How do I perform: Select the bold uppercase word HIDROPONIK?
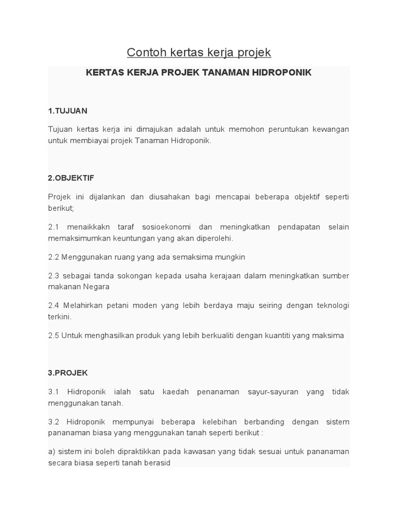[281, 73]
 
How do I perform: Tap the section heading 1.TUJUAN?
[67, 111]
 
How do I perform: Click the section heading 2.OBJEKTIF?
[71, 178]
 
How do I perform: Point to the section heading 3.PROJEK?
[68, 373]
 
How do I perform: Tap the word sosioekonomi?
[167, 227]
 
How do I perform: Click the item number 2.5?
[53, 336]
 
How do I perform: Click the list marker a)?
[52, 452]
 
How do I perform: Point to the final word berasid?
[157, 463]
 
